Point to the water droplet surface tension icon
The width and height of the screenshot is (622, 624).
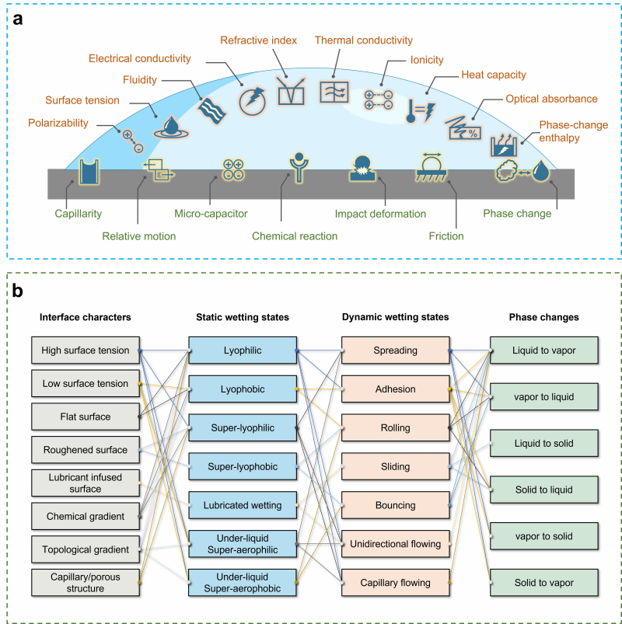pos(169,126)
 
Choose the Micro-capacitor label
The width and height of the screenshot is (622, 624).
pos(211,213)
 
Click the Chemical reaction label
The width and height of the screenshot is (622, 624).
pos(295,235)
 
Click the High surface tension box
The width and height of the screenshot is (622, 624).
pos(86,350)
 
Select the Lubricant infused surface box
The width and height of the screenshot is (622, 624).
pos(86,483)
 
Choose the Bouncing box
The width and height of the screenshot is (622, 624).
pos(395,506)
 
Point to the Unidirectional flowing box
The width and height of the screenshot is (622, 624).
pos(395,545)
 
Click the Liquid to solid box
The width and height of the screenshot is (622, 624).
pos(543,444)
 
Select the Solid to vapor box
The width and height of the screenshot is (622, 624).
pos(543,584)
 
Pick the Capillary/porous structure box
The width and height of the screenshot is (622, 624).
pos(86,582)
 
